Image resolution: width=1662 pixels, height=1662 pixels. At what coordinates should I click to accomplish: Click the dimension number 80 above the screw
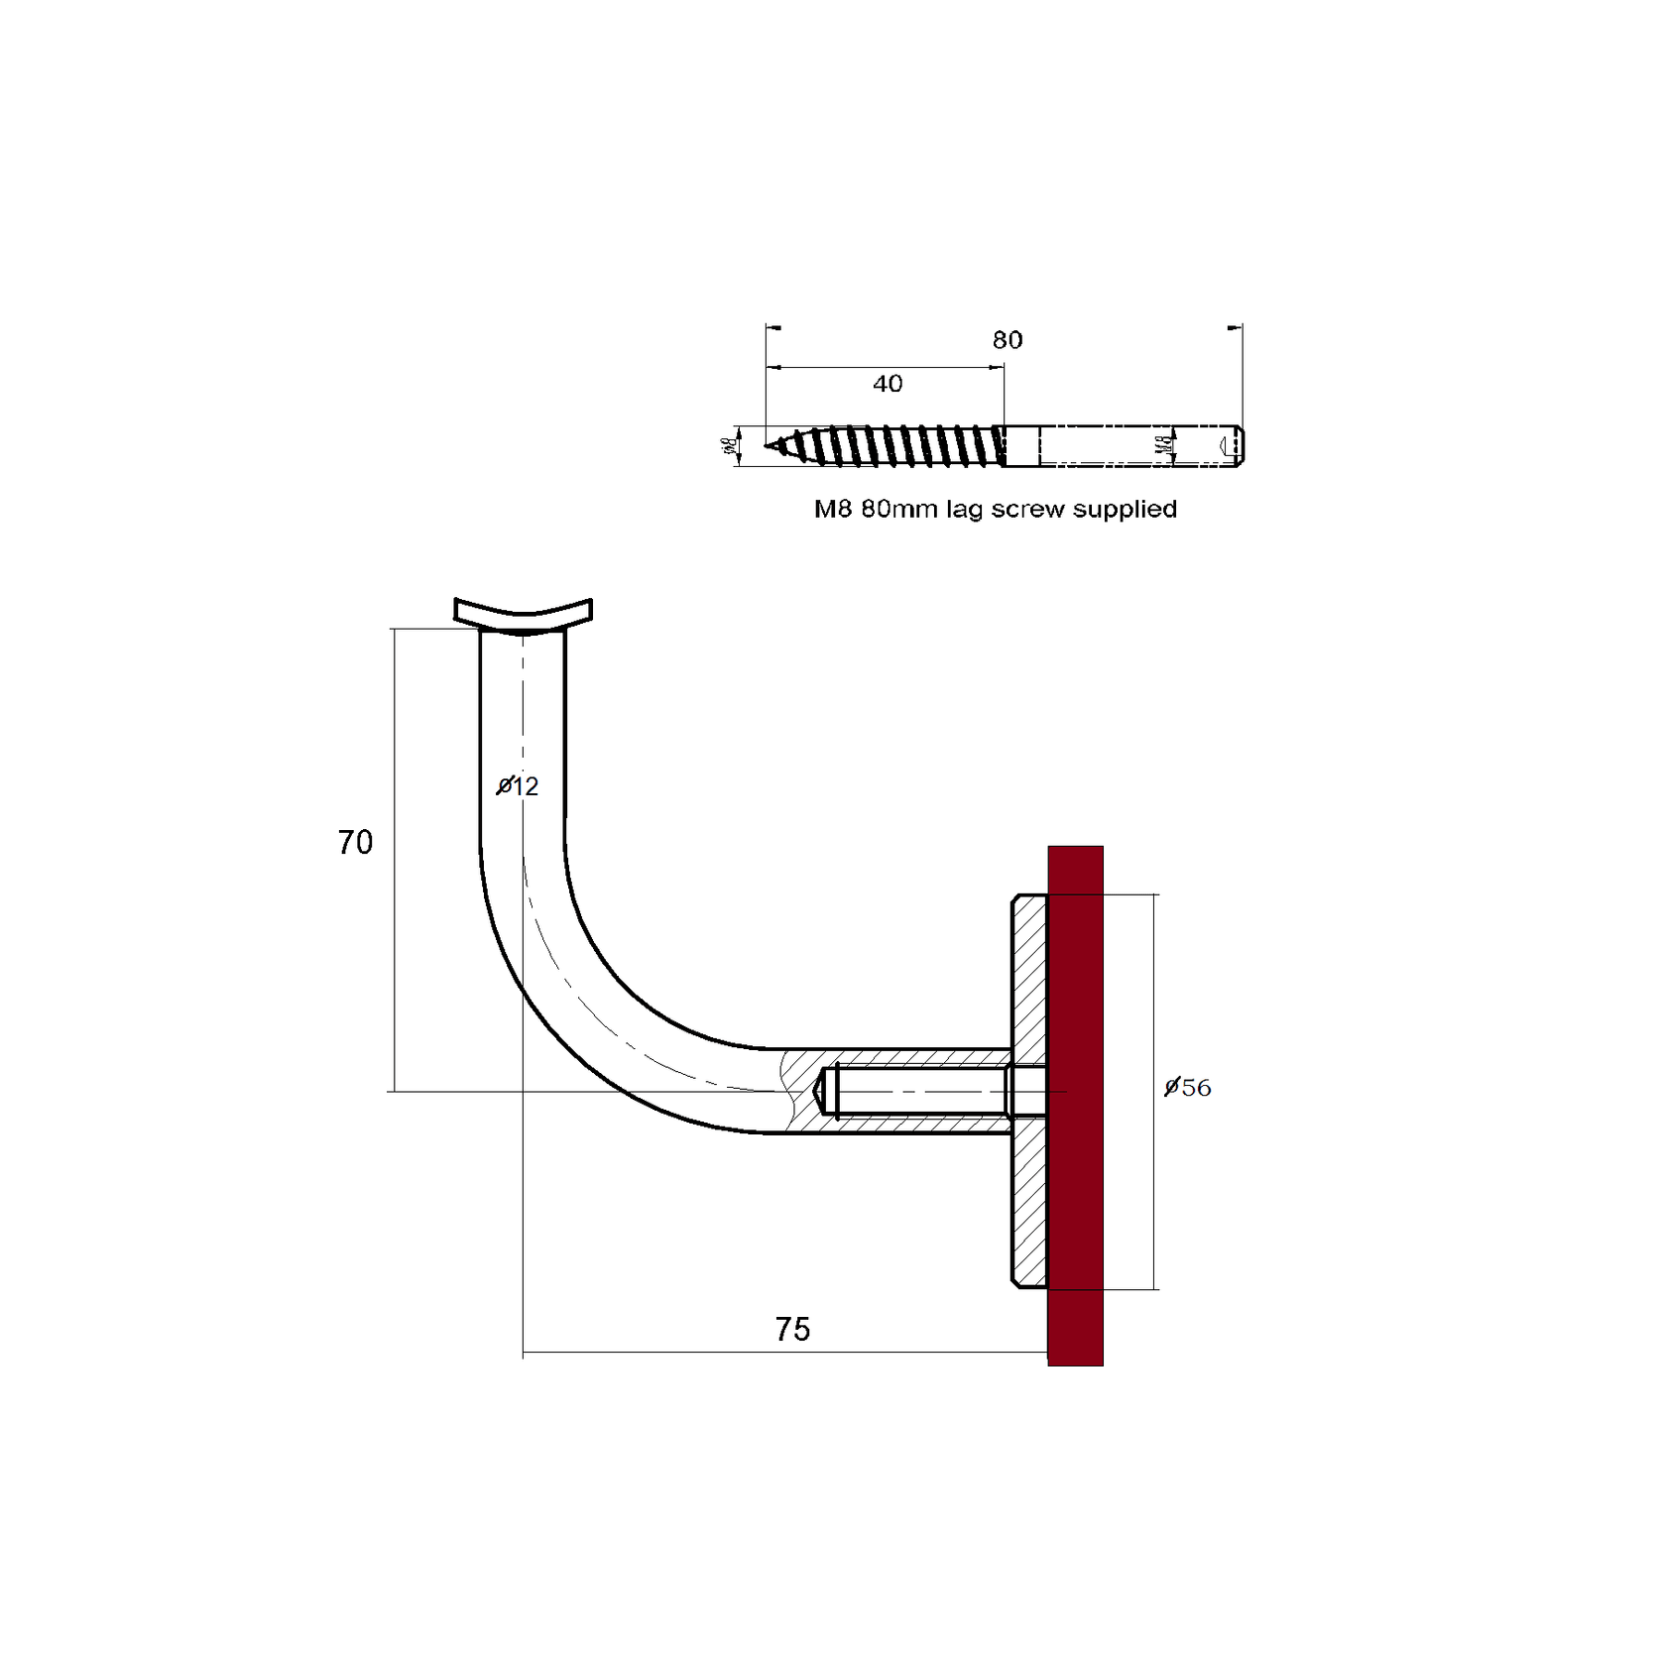(1007, 340)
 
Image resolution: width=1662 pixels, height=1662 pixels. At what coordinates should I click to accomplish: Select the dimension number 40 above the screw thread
(888, 384)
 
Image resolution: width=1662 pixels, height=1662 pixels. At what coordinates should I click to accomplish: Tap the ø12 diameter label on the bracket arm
(518, 786)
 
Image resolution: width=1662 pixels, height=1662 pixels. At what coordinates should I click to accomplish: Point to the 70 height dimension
(355, 843)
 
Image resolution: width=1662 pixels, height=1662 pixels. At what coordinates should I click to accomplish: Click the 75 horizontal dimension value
(792, 1329)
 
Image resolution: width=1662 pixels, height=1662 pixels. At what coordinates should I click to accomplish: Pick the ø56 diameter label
(1188, 1088)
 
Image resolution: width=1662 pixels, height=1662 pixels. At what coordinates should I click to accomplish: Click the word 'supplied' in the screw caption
(1126, 509)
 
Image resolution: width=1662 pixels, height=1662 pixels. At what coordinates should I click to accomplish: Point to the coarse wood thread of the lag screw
(892, 446)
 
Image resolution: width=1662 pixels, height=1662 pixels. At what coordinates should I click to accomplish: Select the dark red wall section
(1075, 1106)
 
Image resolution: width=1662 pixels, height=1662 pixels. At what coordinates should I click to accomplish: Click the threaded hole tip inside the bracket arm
(821, 1091)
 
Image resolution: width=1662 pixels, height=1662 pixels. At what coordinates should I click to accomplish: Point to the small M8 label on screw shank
(1163, 446)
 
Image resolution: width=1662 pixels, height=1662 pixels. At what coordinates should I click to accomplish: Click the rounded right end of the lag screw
(1239, 446)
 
